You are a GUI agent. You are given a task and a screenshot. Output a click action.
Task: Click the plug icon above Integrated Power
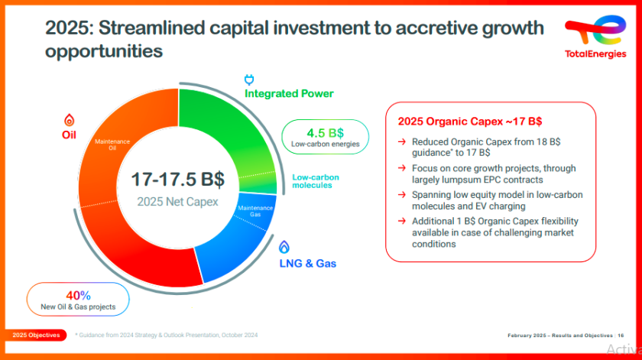point(248,79)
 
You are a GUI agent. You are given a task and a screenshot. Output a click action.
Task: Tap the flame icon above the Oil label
point(70,121)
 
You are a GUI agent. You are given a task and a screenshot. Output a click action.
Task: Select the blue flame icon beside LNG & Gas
point(284,248)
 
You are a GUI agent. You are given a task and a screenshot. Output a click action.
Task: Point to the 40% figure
point(78,295)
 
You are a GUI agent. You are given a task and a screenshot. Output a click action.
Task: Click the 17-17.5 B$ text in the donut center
point(177,180)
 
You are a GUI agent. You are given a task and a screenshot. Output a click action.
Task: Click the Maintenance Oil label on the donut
point(112,144)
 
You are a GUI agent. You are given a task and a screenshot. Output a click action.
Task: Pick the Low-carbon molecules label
point(316,181)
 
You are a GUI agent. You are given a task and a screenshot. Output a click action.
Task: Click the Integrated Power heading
point(289,94)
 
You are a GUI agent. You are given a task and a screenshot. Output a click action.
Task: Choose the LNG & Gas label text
point(307,264)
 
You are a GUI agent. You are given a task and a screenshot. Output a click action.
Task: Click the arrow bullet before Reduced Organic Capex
point(402,142)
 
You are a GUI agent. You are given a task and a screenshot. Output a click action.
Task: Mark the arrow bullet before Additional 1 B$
point(402,222)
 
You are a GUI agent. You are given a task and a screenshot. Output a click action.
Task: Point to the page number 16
point(621,336)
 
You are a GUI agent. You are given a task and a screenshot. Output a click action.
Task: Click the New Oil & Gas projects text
point(78,307)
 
